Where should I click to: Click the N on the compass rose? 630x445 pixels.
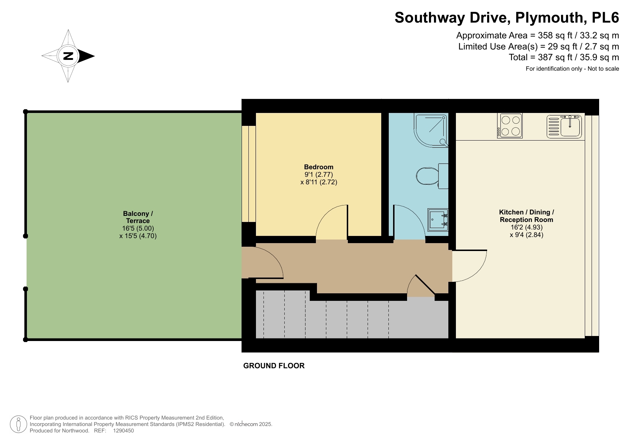[68, 56]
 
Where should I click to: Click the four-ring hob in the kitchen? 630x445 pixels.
[510, 126]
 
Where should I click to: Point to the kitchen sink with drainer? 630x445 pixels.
[564, 127]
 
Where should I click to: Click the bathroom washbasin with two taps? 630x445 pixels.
[438, 219]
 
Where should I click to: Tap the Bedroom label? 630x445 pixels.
[318, 167]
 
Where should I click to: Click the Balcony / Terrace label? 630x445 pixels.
[138, 217]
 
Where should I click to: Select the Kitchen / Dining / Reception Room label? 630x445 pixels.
[526, 216]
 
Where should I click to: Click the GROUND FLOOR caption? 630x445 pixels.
[274, 366]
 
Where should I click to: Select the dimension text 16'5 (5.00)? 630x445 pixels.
[138, 228]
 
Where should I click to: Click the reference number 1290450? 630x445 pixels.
[123, 431]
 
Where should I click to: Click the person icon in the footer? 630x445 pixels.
[18, 424]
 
